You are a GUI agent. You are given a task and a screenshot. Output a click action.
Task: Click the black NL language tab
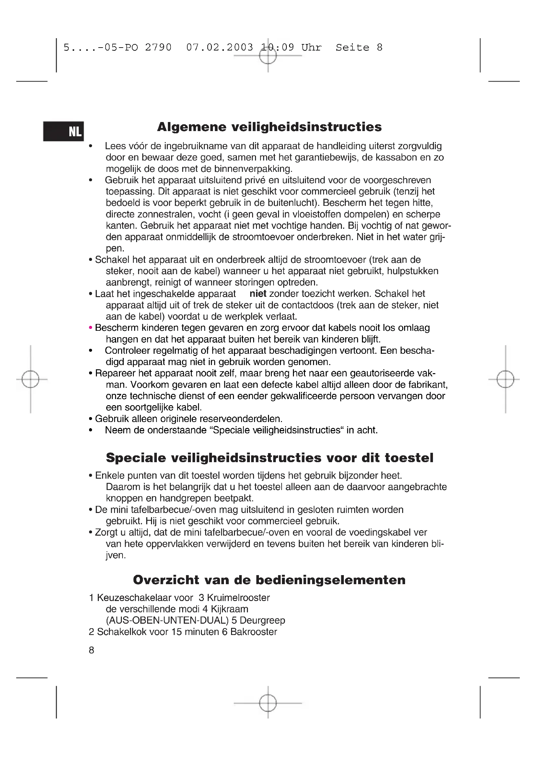(x=64, y=131)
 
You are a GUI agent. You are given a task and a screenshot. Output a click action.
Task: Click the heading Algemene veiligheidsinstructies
(x=269, y=127)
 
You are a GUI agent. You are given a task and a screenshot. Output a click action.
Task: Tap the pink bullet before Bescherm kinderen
(x=90, y=328)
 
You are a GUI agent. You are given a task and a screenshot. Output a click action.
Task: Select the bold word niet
(x=258, y=294)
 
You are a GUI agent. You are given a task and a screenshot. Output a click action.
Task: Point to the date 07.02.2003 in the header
(x=219, y=48)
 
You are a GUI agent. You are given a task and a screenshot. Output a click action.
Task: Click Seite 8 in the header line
(x=359, y=48)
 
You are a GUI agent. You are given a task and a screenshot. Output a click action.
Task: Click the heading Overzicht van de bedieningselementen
(x=269, y=580)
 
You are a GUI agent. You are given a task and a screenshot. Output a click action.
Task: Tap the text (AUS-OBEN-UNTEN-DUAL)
(x=167, y=620)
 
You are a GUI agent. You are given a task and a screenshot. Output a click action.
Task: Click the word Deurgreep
(x=262, y=620)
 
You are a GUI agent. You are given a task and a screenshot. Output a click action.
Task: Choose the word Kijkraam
(x=229, y=609)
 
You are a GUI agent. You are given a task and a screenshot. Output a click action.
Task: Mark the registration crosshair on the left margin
(x=30, y=379)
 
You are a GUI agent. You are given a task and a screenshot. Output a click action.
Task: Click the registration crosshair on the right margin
(x=505, y=379)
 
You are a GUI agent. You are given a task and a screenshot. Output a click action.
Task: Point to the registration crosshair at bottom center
(x=268, y=703)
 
